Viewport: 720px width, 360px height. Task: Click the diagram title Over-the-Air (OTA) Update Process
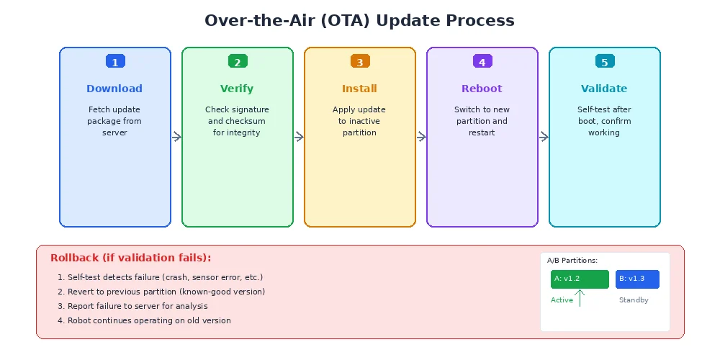359,20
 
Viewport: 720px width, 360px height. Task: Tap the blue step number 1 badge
115,62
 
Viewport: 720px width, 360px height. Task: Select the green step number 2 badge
238,62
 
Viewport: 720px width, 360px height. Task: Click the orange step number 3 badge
360,62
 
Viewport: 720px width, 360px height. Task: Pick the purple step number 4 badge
482,62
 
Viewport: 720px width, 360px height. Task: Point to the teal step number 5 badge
605,62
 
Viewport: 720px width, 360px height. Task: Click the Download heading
114,89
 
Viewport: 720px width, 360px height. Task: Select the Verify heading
237,89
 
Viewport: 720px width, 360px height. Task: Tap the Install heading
359,89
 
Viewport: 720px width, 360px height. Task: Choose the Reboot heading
482,89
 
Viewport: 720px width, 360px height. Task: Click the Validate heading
604,89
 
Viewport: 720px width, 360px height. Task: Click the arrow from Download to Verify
176,137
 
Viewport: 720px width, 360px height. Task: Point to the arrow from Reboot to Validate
544,137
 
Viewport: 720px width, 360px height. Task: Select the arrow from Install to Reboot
421,137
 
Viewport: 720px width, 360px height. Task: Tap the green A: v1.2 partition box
580,279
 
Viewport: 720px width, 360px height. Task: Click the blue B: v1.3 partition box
637,279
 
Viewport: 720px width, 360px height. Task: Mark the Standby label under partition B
634,300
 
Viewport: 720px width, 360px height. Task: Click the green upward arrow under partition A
580,297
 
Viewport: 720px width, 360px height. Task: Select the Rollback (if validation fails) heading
130,258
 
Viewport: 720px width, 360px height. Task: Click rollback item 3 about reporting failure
132,306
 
